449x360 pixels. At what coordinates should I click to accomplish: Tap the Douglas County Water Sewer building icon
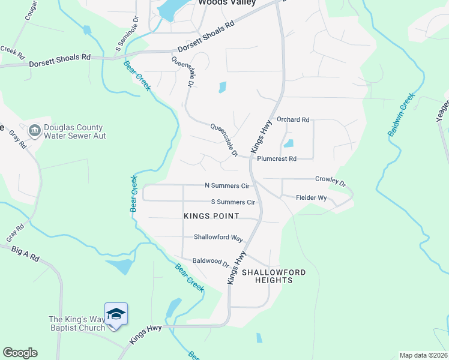[x=34, y=130]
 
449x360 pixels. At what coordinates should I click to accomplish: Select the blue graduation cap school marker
[x=116, y=314]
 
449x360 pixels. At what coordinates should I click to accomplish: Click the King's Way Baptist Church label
[x=77, y=323]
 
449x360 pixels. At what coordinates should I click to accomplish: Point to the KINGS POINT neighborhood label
[x=211, y=216]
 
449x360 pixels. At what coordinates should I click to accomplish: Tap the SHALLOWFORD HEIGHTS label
[x=268, y=276]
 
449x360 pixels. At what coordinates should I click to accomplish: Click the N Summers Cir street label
[x=226, y=186]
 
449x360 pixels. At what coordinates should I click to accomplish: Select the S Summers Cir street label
[x=233, y=202]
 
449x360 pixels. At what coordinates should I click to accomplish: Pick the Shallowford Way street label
[x=218, y=238]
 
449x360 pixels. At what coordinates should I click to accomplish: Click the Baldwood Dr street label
[x=211, y=262]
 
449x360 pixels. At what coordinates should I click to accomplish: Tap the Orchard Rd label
[x=292, y=120]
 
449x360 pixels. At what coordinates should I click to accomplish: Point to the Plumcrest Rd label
[x=277, y=159]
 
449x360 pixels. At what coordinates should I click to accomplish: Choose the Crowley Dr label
[x=331, y=180]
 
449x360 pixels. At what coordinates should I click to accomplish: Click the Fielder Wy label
[x=311, y=197]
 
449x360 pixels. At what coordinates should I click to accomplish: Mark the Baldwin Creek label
[x=402, y=114]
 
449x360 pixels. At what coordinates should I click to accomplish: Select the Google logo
[x=20, y=353]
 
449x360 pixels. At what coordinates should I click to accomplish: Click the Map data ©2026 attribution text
[x=423, y=355]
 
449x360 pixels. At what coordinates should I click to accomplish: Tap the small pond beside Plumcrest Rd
[x=289, y=143]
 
